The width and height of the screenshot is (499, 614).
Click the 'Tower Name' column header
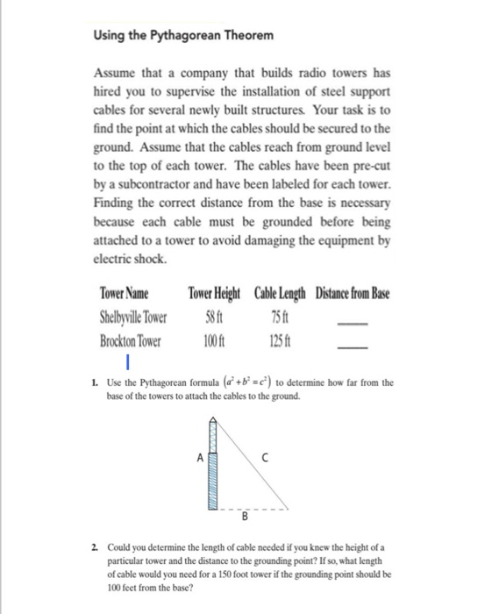124,292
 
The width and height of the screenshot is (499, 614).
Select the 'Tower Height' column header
217,292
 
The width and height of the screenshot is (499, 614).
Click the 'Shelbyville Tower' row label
136,316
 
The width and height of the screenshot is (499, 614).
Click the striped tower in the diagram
211,465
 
